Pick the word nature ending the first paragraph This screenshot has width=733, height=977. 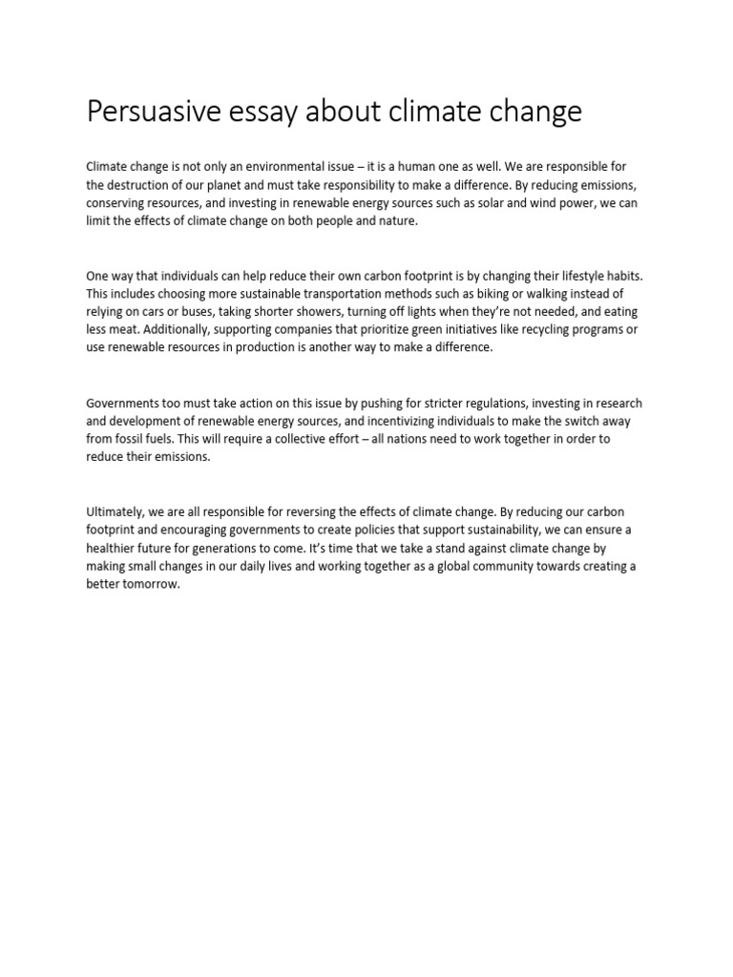396,220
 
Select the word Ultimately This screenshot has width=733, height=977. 117,513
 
